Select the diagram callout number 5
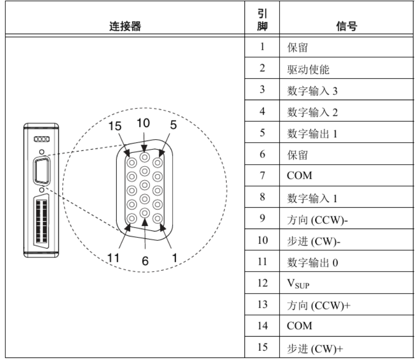click(x=173, y=125)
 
